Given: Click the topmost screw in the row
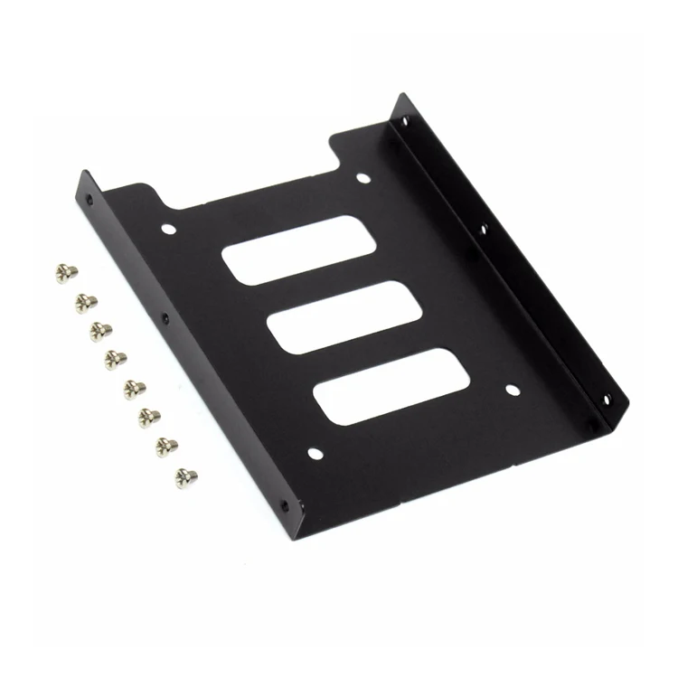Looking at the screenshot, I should click(x=66, y=270).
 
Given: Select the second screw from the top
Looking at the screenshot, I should click(x=86, y=300).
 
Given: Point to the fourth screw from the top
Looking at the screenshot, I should click(x=116, y=359).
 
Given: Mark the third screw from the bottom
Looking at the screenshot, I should click(x=150, y=417).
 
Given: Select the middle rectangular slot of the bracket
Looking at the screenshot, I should click(x=334, y=317).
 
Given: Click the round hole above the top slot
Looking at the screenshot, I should click(x=363, y=179).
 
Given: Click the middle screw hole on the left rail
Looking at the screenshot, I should click(x=165, y=318).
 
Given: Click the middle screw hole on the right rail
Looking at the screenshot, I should click(x=485, y=229).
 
